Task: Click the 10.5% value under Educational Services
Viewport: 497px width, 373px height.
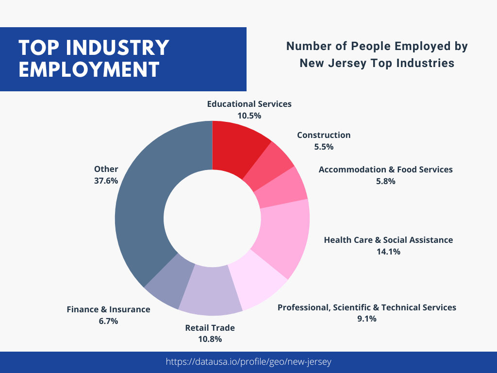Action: [249, 116]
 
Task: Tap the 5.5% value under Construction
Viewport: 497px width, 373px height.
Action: [324, 147]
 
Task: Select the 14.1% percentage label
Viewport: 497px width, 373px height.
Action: [388, 252]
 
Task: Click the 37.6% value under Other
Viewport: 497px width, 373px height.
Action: [106, 181]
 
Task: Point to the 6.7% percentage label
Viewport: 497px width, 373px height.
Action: [108, 321]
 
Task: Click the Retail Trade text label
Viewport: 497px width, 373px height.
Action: [210, 328]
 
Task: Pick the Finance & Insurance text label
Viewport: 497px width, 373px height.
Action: [108, 309]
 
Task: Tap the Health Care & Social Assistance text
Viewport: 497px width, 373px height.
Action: [388, 240]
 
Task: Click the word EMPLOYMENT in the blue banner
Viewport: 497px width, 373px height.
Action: [89, 69]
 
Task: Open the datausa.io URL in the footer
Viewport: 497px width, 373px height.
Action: [248, 362]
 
